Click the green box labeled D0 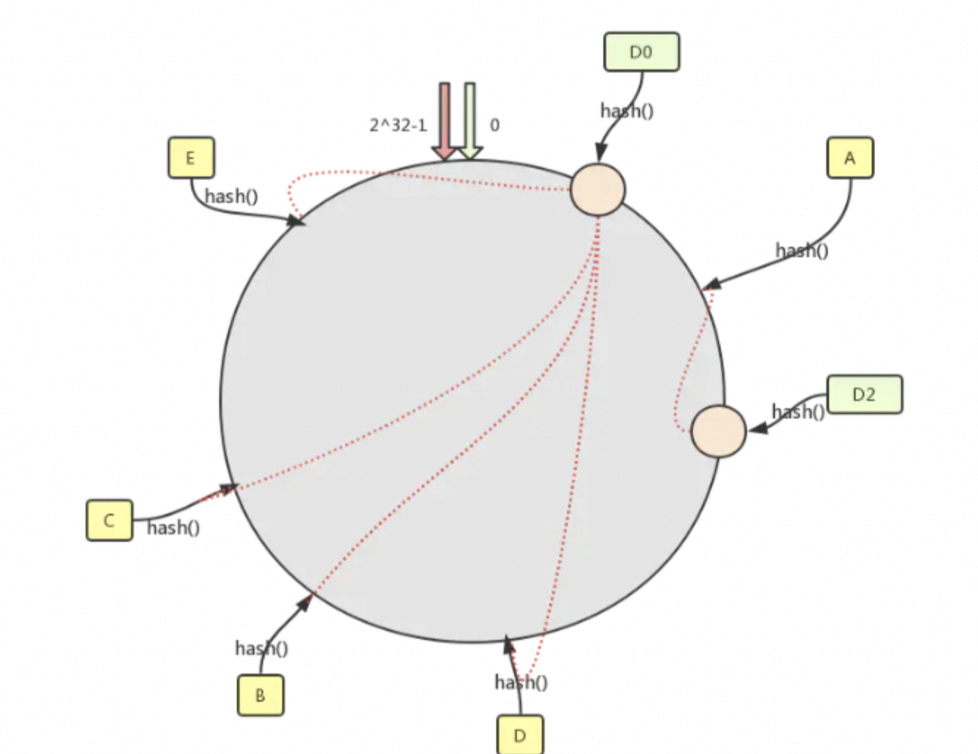641,52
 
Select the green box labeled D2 864,395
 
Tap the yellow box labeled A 850,158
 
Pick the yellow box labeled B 260,695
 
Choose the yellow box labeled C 109,521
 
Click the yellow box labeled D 520,735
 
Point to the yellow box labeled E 191,158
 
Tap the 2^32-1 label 397,125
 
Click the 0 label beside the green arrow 494,125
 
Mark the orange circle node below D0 598,190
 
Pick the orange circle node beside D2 718,431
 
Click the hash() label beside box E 231,197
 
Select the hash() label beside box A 801,251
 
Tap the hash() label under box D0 626,111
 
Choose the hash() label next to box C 173,527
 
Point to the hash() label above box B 261,648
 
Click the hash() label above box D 521,683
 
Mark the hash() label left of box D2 798,412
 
